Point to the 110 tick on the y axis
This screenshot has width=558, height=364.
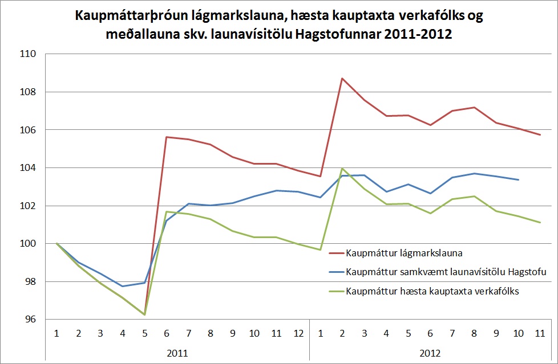28,54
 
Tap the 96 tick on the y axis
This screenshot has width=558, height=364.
30,320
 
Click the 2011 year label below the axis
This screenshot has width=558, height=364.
177,353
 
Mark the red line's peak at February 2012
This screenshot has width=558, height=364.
342,78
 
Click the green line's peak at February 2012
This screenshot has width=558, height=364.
342,169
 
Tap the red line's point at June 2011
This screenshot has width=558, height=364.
165,137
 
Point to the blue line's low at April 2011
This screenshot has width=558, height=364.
123,286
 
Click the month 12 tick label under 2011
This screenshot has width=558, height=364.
298,332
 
